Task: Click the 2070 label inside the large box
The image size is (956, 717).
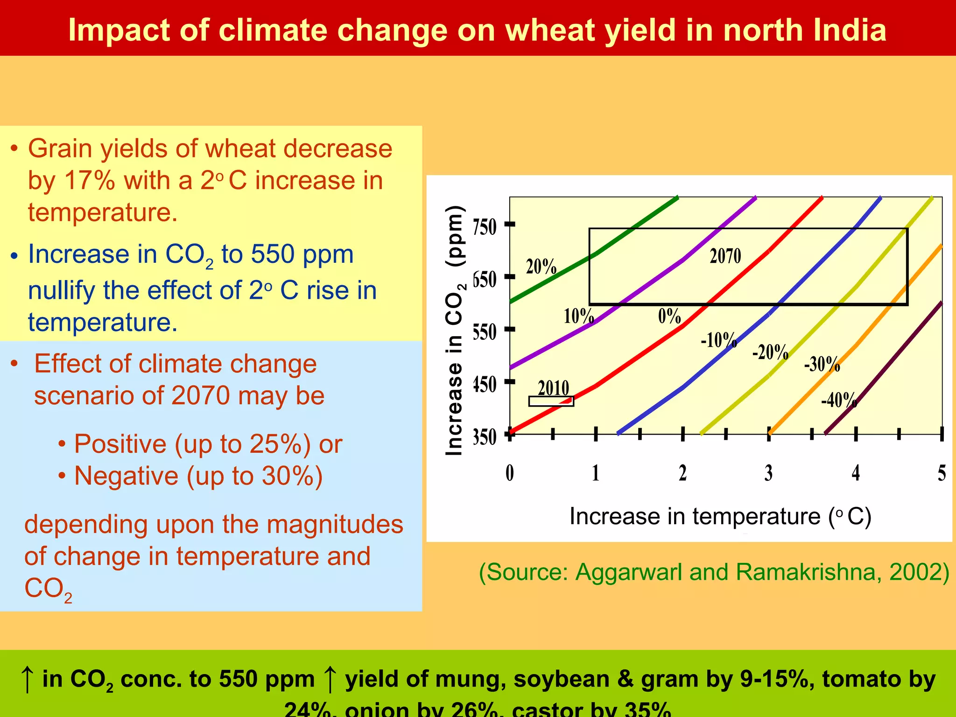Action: [x=725, y=256]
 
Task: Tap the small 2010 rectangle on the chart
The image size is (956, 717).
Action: [x=551, y=401]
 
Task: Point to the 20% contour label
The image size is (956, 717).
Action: [x=541, y=267]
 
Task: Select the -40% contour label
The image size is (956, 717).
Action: [x=839, y=401]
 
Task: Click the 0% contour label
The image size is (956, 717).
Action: [x=669, y=316]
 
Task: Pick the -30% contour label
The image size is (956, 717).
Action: [x=822, y=364]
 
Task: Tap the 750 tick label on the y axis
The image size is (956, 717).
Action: [x=485, y=227]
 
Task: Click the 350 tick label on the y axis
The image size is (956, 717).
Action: [x=485, y=437]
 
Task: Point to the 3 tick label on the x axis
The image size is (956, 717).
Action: [x=768, y=473]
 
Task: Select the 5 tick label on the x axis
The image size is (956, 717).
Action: [x=942, y=473]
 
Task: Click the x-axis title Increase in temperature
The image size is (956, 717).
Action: [x=720, y=517]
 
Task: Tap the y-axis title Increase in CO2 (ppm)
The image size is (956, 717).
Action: [x=454, y=330]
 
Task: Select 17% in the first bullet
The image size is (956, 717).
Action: [x=89, y=181]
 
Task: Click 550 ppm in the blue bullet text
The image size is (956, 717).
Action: [x=302, y=254]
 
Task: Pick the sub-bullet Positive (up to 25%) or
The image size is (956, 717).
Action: [x=208, y=444]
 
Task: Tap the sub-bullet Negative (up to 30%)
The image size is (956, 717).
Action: [x=198, y=476]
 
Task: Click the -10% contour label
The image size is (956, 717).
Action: [x=718, y=340]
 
